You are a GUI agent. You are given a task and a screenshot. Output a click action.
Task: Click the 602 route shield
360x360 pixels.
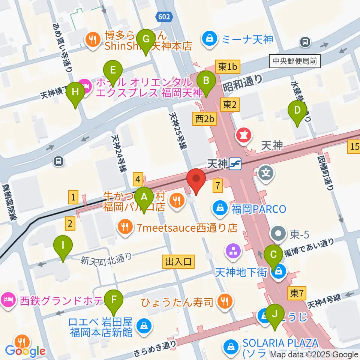point(163,17)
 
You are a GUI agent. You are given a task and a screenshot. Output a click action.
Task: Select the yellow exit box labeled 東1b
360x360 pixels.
point(228,67)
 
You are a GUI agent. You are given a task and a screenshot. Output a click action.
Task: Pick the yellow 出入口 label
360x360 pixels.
point(178,262)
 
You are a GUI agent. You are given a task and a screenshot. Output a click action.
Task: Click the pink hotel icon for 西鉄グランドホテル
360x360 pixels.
point(9,300)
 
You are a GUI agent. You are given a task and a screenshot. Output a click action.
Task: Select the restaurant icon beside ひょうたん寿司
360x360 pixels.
point(225,301)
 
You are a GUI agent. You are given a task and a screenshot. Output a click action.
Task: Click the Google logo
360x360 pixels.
point(25,351)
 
